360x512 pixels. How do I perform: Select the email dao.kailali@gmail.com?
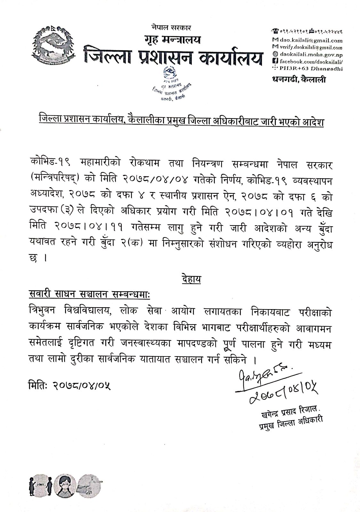click(x=306, y=41)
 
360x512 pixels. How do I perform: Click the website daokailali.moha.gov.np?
click(x=306, y=54)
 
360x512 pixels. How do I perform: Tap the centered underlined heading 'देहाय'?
click(x=191, y=279)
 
